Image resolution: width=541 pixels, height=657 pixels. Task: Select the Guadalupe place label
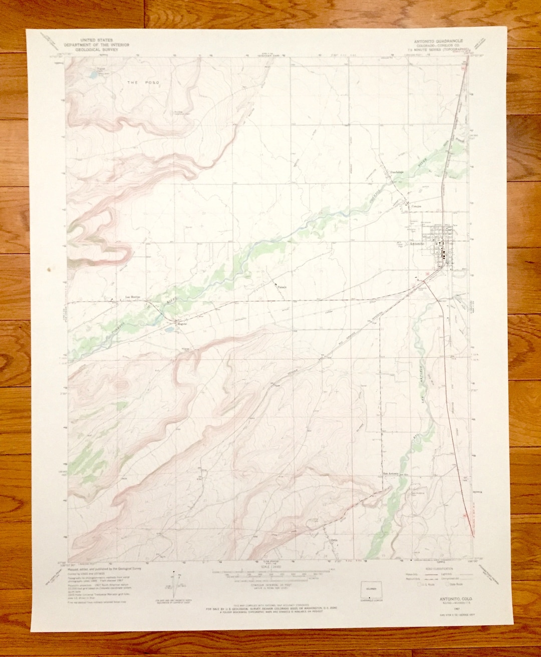(x=397, y=173)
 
